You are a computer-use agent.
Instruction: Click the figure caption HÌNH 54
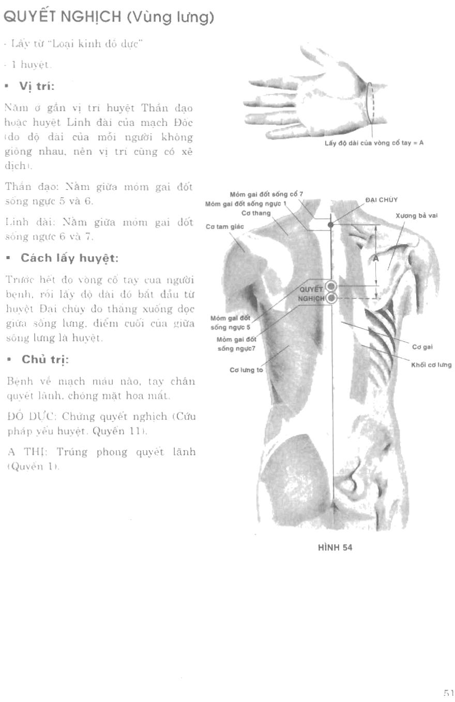335,548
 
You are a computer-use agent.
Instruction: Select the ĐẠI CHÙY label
382,200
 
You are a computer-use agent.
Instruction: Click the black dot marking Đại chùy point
331,225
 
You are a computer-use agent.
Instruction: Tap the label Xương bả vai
417,215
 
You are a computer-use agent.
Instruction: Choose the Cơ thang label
256,213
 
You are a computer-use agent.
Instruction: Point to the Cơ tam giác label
224,227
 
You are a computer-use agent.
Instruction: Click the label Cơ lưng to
246,370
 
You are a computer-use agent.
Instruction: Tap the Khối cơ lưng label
431,365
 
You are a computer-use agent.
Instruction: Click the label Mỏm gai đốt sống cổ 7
266,195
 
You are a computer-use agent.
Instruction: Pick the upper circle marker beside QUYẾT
331,286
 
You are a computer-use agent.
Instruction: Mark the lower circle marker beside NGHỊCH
331,298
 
